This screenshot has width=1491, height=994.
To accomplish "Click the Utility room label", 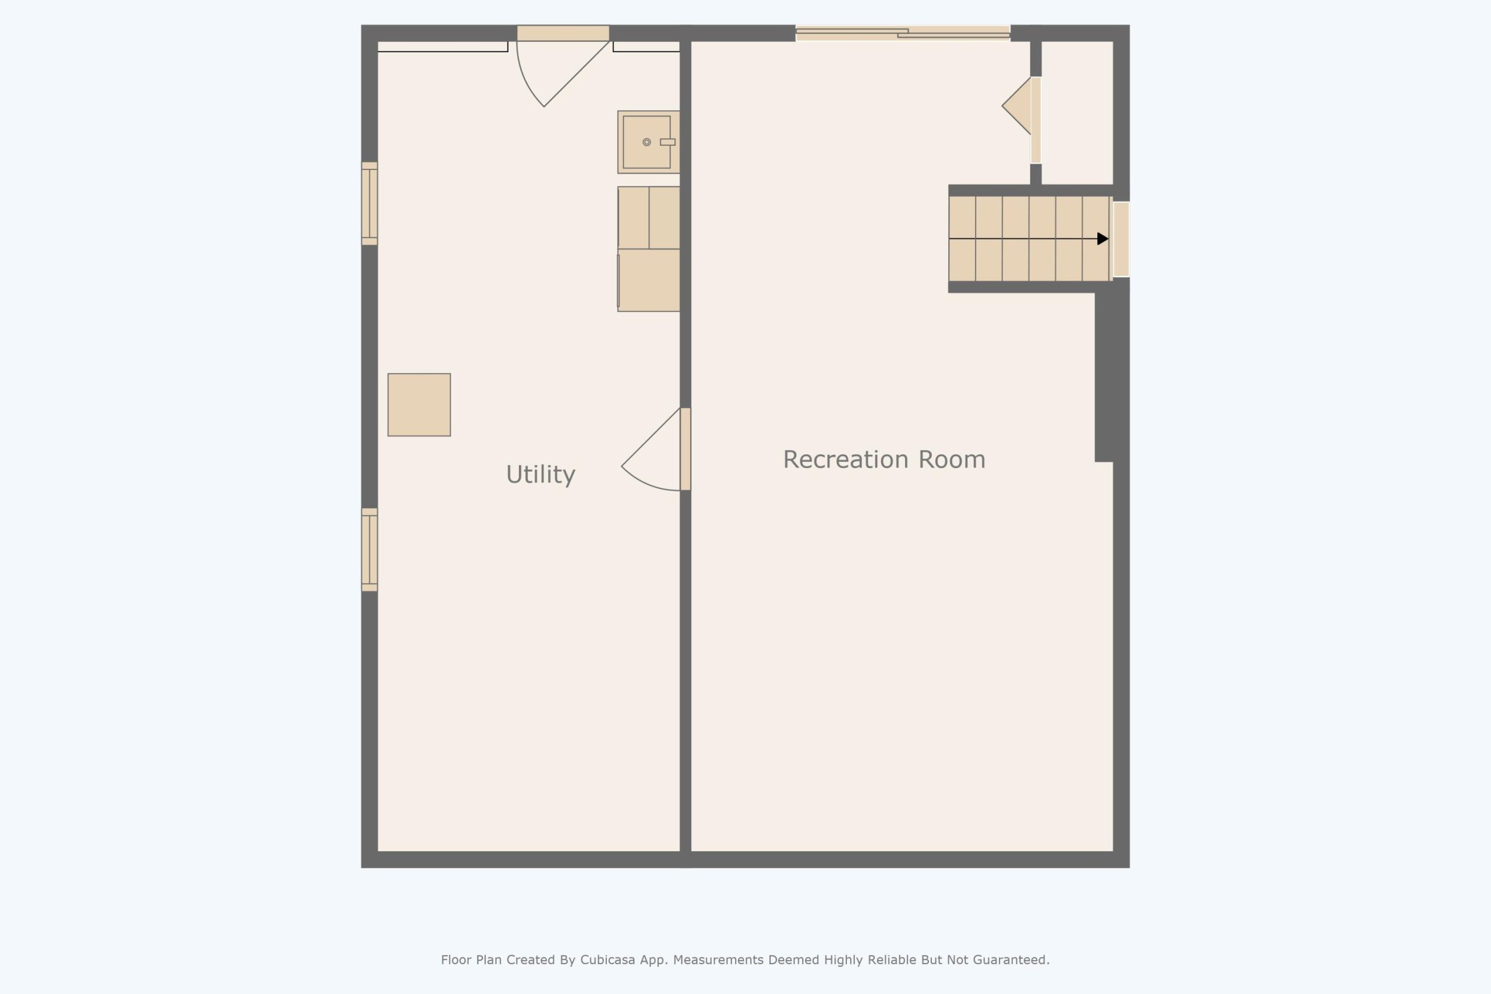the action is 540,474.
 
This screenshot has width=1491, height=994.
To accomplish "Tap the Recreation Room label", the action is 884,459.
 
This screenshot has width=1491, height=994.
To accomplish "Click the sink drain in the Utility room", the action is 646,142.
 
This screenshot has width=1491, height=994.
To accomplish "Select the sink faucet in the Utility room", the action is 667,142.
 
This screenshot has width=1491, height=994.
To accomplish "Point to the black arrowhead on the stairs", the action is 1103,238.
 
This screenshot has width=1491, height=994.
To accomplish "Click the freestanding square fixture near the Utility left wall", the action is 419,405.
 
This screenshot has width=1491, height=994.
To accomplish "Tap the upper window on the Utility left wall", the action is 370,203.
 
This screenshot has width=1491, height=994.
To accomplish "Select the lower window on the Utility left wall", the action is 370,550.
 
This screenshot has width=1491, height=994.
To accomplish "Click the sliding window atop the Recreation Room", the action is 903,33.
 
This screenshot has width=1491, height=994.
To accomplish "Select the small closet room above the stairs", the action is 1077,112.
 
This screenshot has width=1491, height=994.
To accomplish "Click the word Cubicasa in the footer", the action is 607,960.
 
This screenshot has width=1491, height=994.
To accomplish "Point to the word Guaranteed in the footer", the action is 1011,960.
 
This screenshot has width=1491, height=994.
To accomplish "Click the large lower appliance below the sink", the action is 648,280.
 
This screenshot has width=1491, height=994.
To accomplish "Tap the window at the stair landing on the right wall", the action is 1121,239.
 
